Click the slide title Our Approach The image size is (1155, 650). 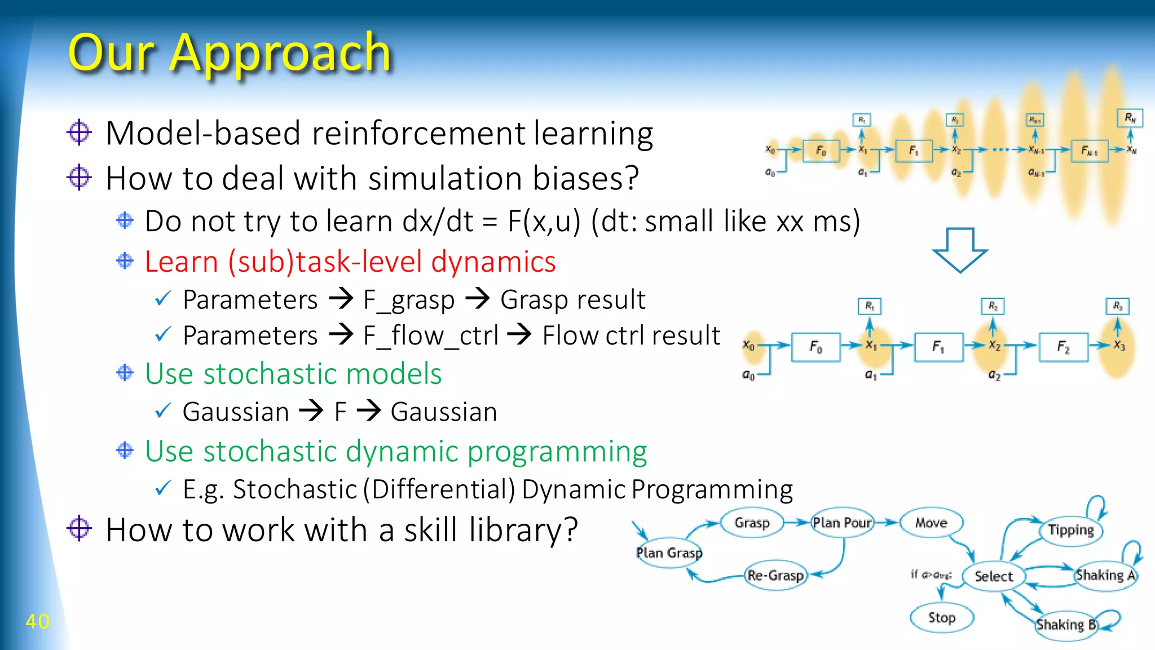click(x=229, y=54)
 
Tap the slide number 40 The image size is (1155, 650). click(x=37, y=621)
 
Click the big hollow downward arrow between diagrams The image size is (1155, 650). click(x=960, y=250)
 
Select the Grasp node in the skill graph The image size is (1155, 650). click(x=752, y=523)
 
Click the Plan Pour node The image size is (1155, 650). click(x=842, y=523)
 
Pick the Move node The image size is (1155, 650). click(x=931, y=523)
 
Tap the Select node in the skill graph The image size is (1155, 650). click(x=994, y=576)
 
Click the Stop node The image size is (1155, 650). click(x=942, y=617)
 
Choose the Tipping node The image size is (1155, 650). click(x=1070, y=530)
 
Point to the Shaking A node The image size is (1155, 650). click(x=1105, y=575)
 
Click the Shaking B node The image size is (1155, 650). click(x=1066, y=625)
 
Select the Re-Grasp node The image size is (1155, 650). click(x=775, y=575)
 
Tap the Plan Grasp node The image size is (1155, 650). click(x=669, y=552)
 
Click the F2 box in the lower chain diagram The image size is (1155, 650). click(x=1063, y=347)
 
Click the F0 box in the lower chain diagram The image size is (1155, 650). click(x=816, y=347)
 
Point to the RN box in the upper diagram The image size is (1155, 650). click(x=1130, y=118)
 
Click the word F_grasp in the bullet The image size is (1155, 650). click(x=409, y=300)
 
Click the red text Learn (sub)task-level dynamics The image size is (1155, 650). click(x=350, y=262)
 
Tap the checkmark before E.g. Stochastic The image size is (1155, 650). click(x=162, y=488)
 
